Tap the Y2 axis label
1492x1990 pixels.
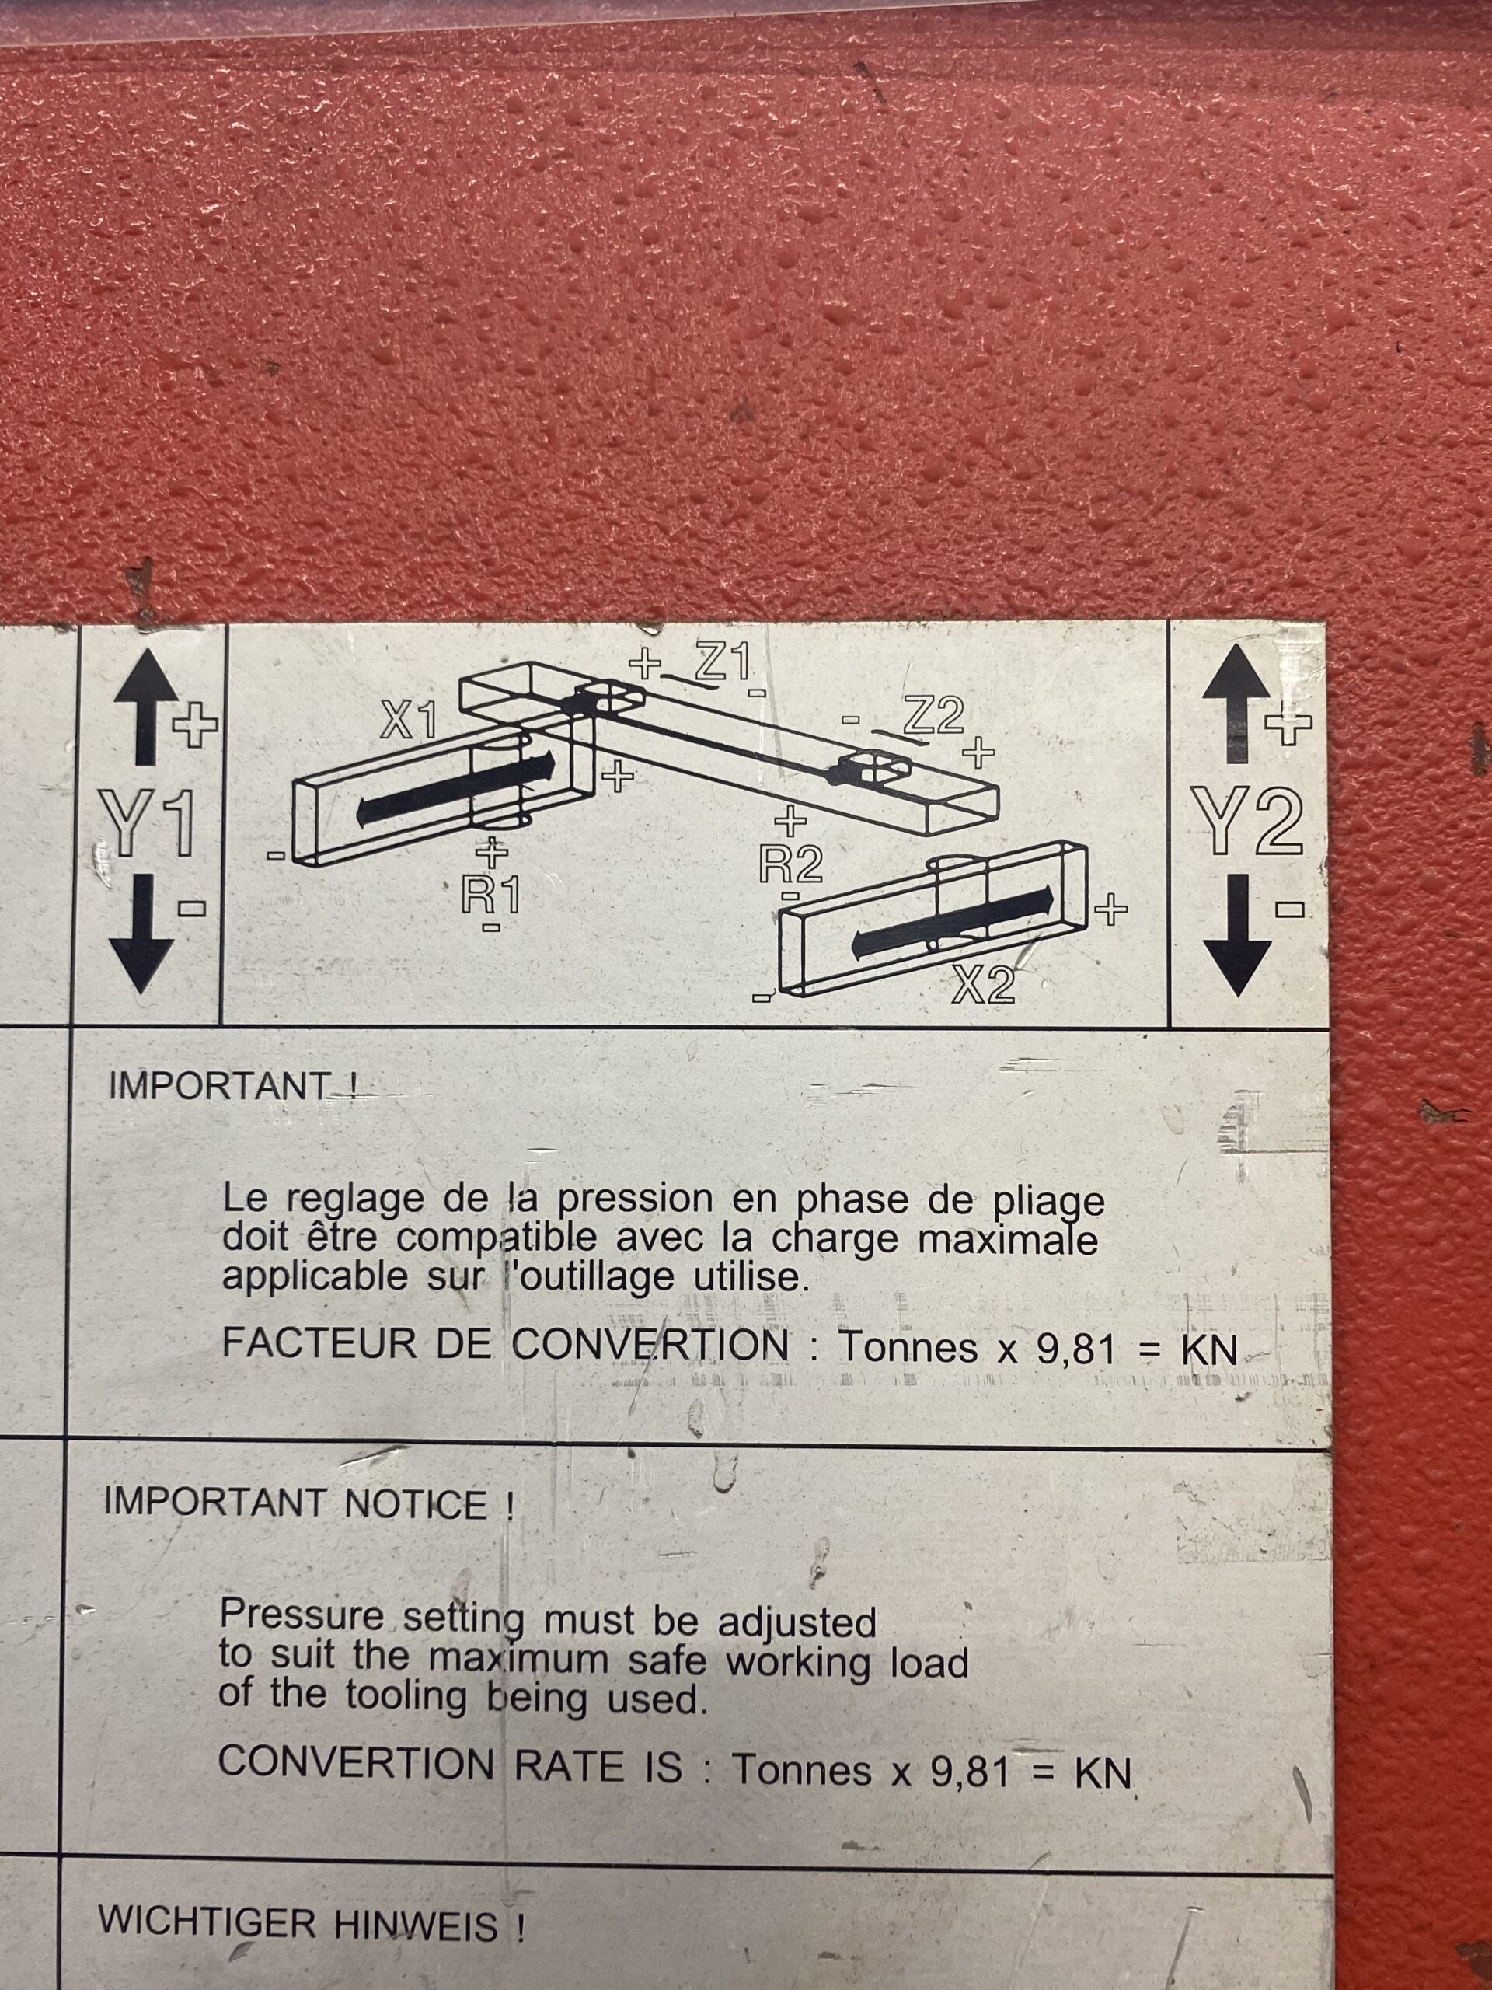tap(1247, 819)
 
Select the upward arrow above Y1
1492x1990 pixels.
tap(145, 708)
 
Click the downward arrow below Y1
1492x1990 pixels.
tap(141, 936)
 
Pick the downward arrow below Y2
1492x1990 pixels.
tap(1236, 936)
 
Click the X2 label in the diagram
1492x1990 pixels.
tap(984, 987)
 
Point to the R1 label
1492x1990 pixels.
tap(491, 895)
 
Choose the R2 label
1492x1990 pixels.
tap(791, 864)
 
